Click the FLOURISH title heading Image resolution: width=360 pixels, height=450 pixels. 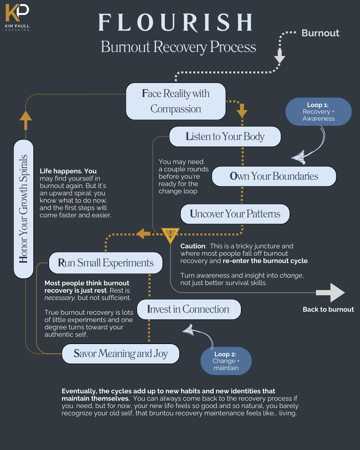(x=176, y=23)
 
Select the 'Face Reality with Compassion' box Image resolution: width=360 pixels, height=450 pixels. (x=176, y=101)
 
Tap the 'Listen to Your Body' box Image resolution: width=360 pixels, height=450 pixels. (x=225, y=137)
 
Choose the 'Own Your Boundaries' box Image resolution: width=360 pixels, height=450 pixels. (x=274, y=176)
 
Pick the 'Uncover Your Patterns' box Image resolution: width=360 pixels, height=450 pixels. (x=235, y=214)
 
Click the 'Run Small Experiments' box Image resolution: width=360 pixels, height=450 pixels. (x=106, y=263)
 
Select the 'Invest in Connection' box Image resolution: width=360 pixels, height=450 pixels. (x=189, y=309)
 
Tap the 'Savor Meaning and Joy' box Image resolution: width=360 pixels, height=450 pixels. (x=121, y=354)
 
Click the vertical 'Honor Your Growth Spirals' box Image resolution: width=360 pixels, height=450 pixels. (x=24, y=209)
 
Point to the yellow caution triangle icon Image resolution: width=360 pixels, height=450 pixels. (x=170, y=235)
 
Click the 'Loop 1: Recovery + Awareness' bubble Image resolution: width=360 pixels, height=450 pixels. (x=318, y=112)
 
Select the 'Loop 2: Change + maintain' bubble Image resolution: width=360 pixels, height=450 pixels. (x=226, y=361)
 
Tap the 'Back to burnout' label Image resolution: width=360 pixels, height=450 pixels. (x=328, y=309)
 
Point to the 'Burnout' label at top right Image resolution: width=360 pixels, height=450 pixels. (x=320, y=33)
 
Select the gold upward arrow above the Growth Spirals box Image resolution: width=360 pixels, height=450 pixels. (x=26, y=120)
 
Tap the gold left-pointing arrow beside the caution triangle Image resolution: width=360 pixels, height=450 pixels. (x=144, y=234)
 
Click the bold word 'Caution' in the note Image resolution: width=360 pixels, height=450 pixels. (x=193, y=246)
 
